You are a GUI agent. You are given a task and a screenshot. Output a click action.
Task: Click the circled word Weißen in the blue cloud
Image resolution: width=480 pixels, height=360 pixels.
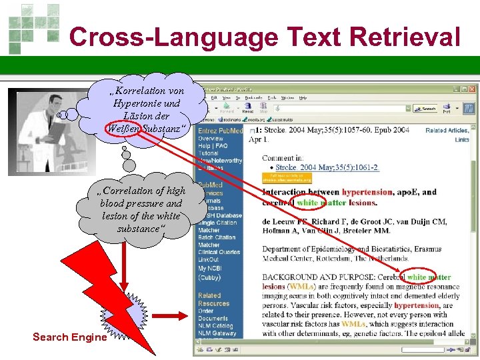pyautogui.click(x=122, y=128)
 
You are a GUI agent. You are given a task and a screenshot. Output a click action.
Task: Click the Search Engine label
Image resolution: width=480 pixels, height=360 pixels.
pyautogui.click(x=69, y=337)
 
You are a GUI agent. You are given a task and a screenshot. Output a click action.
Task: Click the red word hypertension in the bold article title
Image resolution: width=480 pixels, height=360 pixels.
pyautogui.click(x=367, y=192)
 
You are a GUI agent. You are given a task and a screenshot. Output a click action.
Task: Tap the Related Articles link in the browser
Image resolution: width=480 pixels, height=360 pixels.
pyautogui.click(x=447, y=131)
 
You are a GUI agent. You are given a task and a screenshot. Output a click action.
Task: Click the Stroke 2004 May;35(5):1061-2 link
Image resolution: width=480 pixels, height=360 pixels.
pyautogui.click(x=327, y=167)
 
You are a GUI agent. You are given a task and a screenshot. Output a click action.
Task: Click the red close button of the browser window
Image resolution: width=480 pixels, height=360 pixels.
pyautogui.click(x=472, y=89)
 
